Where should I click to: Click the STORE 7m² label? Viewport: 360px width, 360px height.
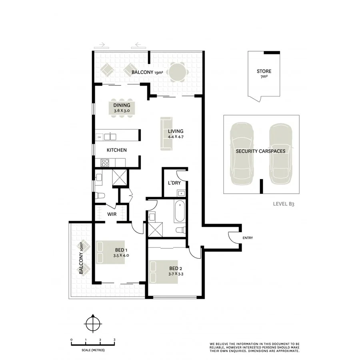tap(264, 74)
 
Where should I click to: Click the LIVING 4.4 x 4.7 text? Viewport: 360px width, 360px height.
tap(176, 134)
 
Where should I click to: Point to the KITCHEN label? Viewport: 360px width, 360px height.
tap(116, 150)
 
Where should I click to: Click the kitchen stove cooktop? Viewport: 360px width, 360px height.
tap(106, 162)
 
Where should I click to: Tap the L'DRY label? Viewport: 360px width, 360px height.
tap(174, 183)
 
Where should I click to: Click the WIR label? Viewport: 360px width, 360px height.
tap(111, 214)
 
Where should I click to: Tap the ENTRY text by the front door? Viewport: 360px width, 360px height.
tap(248, 238)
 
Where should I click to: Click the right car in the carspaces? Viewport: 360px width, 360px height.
tap(281, 154)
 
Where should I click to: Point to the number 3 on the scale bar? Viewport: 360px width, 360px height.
tap(114, 340)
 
